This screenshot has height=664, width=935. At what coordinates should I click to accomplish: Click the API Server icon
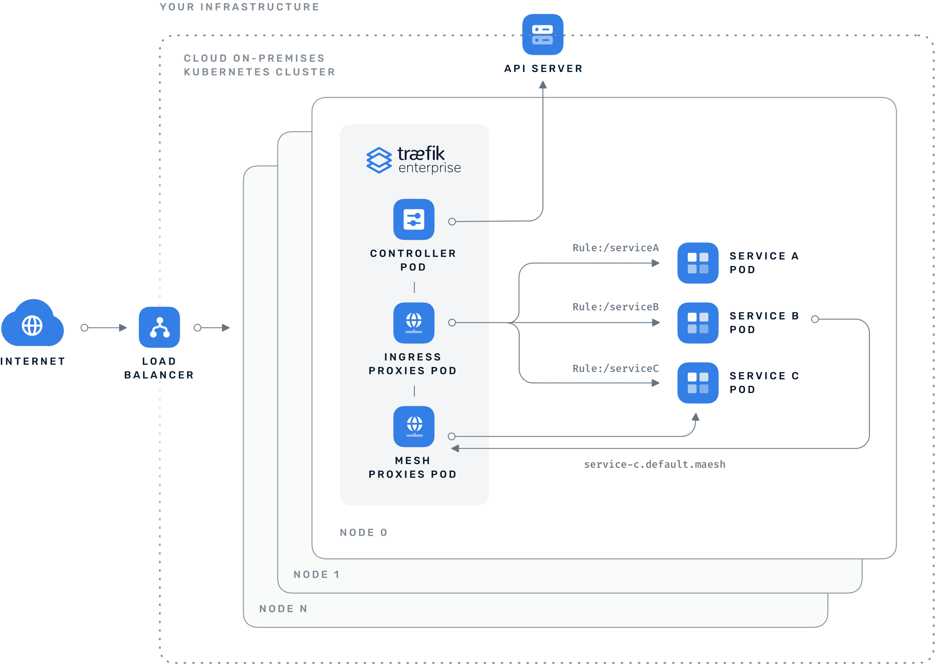tap(543, 35)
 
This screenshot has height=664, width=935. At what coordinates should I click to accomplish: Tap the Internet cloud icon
tap(32, 324)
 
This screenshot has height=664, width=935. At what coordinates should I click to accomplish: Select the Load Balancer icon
tap(159, 327)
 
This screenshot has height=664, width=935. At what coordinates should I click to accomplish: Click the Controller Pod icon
tap(414, 219)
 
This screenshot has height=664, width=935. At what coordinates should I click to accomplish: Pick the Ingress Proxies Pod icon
tap(414, 323)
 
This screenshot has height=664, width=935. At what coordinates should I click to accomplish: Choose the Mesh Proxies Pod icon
tap(414, 426)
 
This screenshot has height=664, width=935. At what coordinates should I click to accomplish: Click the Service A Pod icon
tap(698, 263)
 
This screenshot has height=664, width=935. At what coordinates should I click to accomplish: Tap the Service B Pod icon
tap(698, 323)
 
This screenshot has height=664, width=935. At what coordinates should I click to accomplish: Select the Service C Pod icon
tap(698, 383)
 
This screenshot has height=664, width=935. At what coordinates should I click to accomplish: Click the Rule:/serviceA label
tap(615, 248)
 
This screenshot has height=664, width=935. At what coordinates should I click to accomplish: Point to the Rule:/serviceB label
tap(615, 307)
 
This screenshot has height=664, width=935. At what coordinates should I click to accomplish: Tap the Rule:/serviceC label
tap(615, 368)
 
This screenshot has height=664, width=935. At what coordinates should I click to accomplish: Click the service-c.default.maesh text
tap(654, 464)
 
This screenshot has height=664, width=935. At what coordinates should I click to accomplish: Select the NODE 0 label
tap(363, 533)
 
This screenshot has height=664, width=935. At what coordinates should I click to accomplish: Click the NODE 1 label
tap(316, 575)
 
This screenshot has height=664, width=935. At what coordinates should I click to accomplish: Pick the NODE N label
tap(283, 609)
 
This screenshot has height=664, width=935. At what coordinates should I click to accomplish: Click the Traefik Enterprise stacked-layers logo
tap(379, 160)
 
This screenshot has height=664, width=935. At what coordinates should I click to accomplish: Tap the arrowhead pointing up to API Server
tap(543, 85)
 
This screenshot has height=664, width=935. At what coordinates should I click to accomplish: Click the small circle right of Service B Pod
tap(815, 319)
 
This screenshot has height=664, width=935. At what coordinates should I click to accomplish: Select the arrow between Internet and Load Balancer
tap(104, 327)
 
